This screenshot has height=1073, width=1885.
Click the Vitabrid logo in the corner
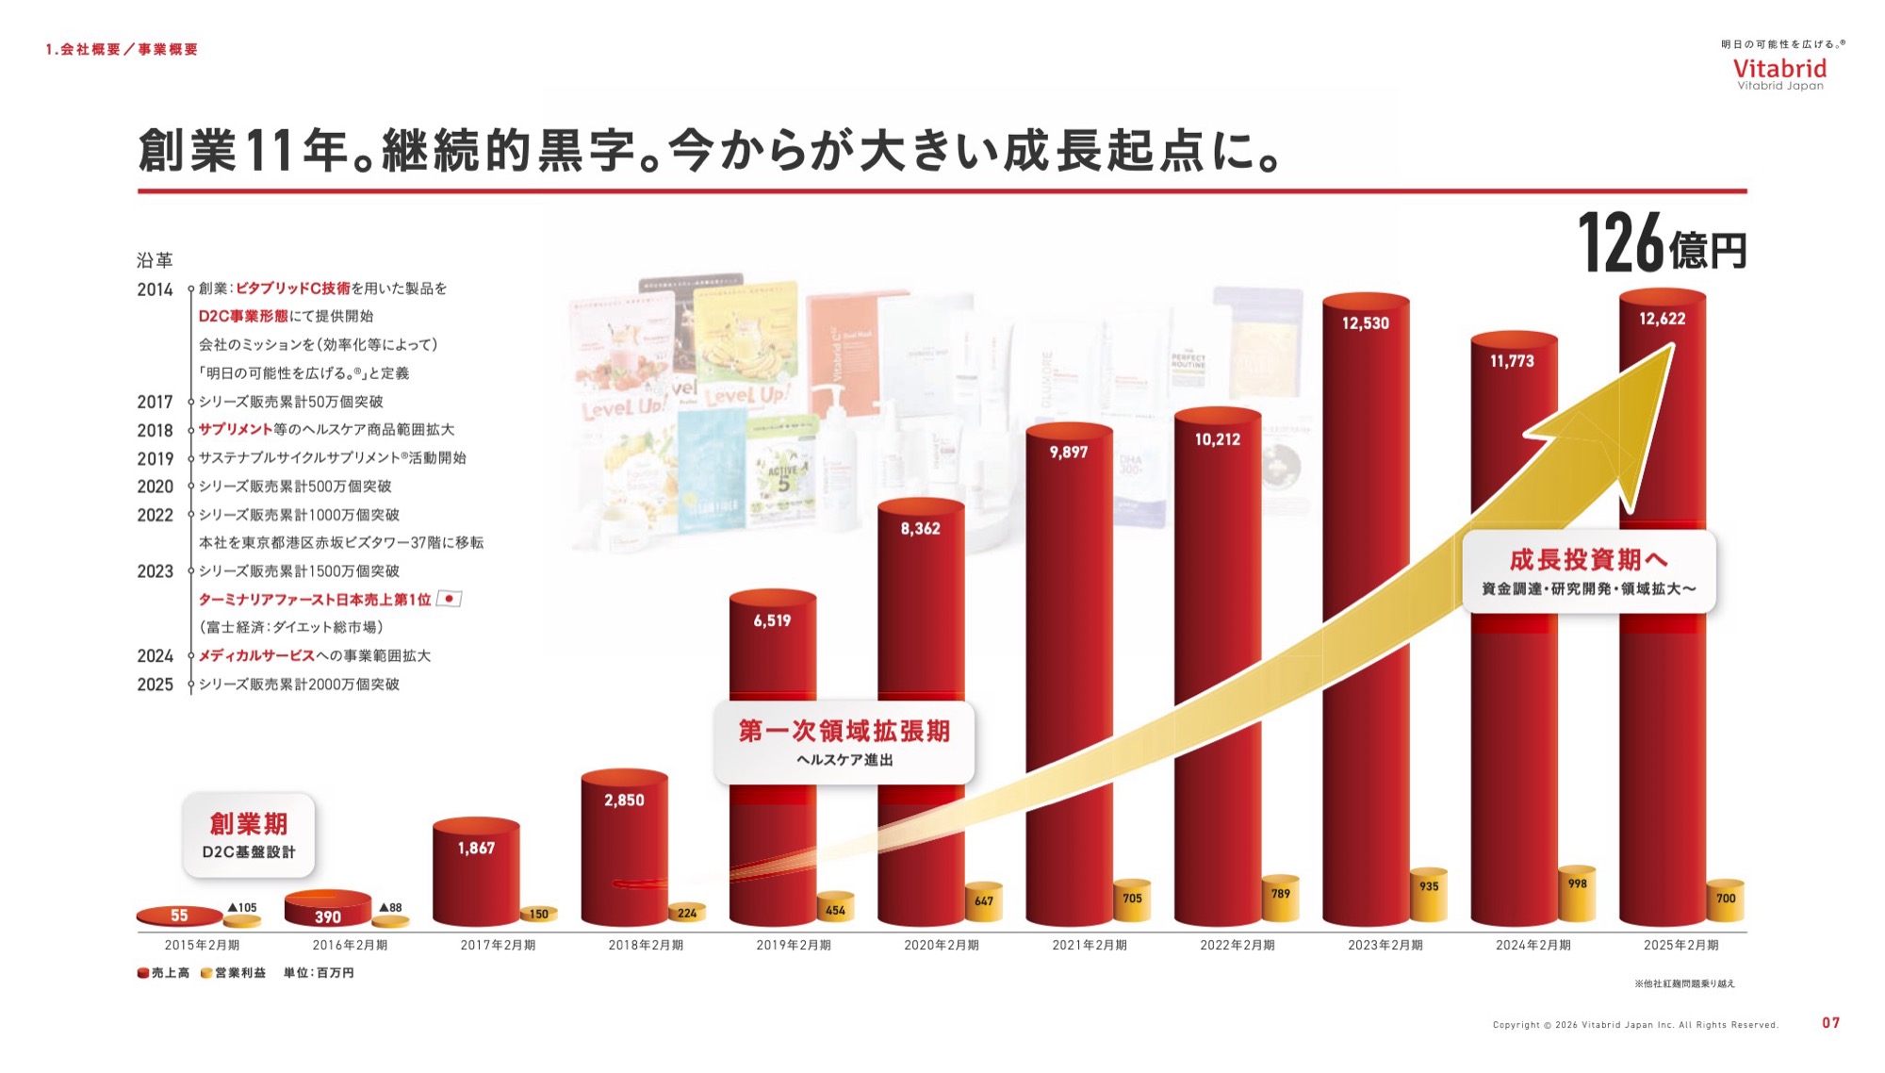[x=1779, y=70]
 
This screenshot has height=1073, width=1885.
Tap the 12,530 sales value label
[x=1365, y=323]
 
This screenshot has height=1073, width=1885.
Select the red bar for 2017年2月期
[x=476, y=877]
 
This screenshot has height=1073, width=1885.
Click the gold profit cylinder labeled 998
[x=1577, y=894]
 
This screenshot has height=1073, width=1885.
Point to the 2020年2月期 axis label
[x=941, y=945]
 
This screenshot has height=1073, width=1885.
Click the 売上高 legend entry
[x=164, y=973]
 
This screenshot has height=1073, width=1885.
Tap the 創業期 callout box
[x=249, y=835]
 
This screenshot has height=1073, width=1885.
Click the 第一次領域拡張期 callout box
[x=844, y=742]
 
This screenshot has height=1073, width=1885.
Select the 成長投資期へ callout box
[x=1588, y=571]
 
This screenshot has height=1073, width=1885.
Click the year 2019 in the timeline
[x=156, y=459]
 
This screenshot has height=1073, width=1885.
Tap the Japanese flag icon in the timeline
[x=450, y=599]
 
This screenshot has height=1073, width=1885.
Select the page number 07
[x=1830, y=1023]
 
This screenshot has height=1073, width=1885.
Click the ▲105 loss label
[x=242, y=908]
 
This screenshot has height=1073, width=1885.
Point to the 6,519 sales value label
[x=772, y=620]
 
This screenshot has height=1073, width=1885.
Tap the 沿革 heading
[x=155, y=260]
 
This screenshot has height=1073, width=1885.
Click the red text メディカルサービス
[x=256, y=656]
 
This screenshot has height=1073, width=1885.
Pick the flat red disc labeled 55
[x=179, y=916]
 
